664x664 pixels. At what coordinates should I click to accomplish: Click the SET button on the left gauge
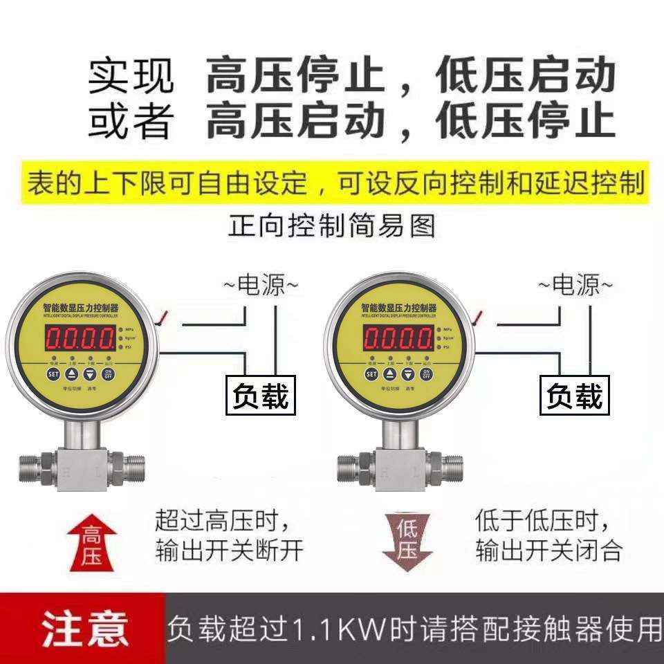point(54,374)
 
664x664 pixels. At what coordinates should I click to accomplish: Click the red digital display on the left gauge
point(80,338)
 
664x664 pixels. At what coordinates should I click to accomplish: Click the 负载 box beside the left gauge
point(261,396)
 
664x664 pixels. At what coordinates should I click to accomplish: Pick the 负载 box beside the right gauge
point(575,396)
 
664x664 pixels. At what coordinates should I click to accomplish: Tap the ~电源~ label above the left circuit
point(261,284)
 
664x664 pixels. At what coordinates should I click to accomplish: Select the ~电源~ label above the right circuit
point(575,284)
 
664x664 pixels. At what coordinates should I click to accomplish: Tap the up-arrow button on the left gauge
point(72,374)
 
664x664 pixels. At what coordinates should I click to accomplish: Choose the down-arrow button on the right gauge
point(410,374)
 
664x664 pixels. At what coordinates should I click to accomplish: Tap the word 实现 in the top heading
point(131,76)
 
